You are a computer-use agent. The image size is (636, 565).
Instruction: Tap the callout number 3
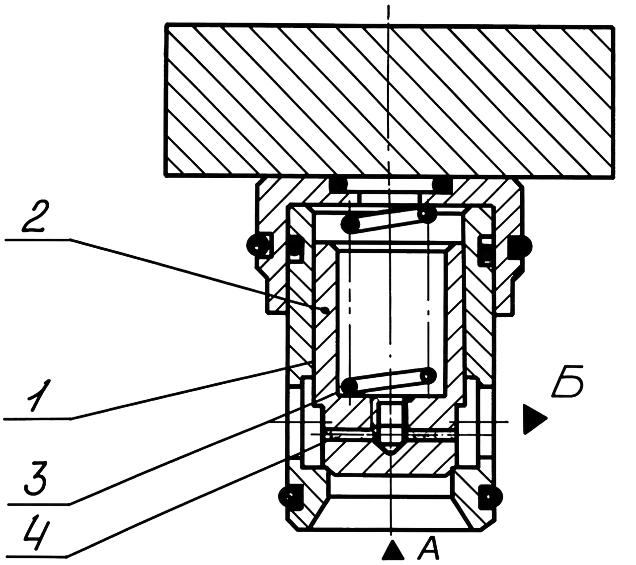pyautogui.click(x=36, y=479)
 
